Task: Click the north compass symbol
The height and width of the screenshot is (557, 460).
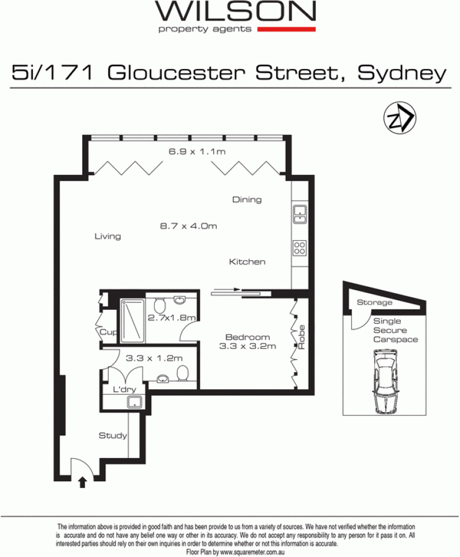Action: pos(400,118)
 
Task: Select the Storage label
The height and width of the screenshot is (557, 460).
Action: pos(374,302)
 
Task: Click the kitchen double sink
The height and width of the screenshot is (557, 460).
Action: pos(300,214)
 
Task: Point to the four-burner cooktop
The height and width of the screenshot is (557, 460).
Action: pos(300,248)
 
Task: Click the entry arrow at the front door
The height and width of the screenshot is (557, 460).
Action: pos(82,482)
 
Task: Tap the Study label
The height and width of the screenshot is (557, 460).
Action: pos(113,436)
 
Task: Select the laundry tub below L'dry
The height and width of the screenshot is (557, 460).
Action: pos(135,402)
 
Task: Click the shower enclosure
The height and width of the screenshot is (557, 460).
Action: pos(132,321)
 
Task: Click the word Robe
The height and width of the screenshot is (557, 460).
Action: pos(301,337)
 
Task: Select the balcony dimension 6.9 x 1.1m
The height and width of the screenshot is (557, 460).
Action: pos(197,151)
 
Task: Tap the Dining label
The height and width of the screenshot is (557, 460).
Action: pos(247,199)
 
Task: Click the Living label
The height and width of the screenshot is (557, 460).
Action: pos(108,236)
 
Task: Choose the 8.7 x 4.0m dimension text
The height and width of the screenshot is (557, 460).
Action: pos(188,226)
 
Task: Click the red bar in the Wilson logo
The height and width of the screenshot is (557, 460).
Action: pos(286,29)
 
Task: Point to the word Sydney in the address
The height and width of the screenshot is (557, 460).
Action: pos(402,74)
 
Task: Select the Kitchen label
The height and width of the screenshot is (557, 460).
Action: pos(247,262)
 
